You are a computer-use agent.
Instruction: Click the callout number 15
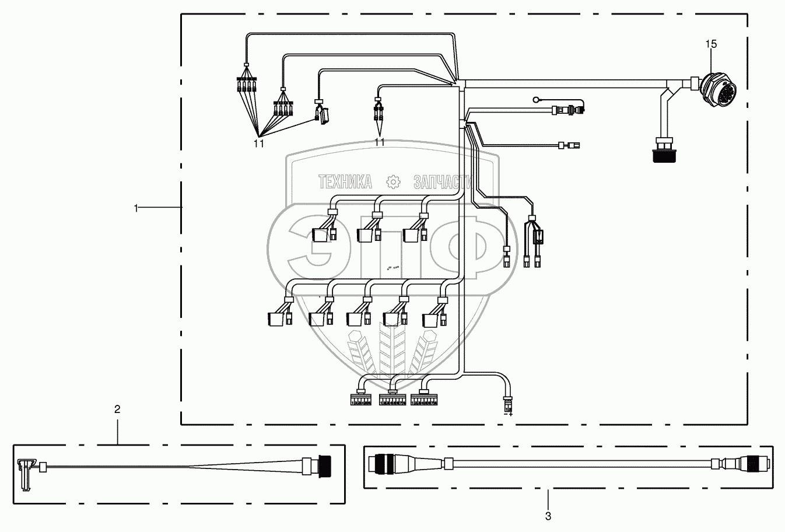click(711, 44)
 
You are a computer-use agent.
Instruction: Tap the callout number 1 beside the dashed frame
click(136, 208)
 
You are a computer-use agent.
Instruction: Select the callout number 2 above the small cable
click(117, 409)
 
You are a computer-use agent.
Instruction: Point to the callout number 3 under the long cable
click(548, 516)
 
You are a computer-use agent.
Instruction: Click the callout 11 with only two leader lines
click(380, 142)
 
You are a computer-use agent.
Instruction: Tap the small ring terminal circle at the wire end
click(538, 100)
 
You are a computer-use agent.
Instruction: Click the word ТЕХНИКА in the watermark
click(345, 183)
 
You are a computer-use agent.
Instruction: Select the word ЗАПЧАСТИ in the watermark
click(442, 183)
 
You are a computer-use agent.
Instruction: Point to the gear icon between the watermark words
click(394, 182)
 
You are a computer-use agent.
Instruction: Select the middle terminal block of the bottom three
click(392, 400)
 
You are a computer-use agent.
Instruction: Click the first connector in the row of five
click(275, 319)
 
